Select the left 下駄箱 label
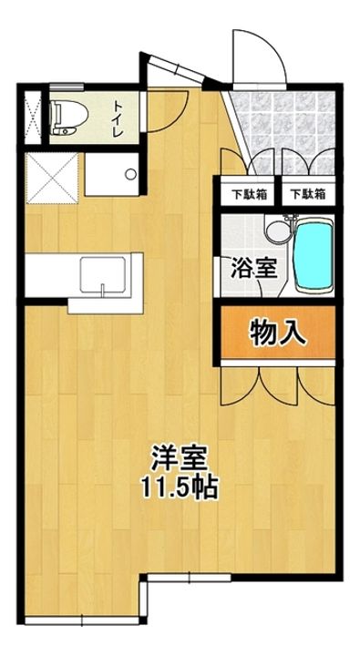(242, 193)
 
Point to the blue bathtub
(314, 255)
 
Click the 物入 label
(276, 333)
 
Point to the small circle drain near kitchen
(130, 173)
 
